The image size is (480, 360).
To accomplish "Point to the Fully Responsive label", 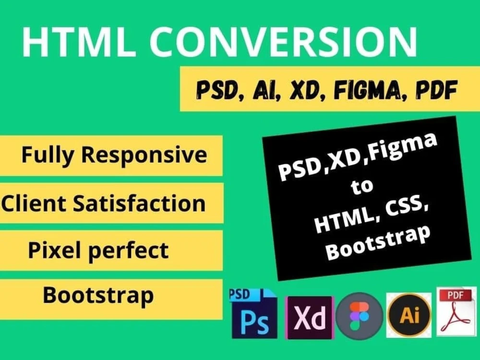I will coord(114,155).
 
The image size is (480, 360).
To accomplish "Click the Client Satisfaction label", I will coord(104,203).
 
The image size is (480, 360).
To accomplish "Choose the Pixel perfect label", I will coord(98,250).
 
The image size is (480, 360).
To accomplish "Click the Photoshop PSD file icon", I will coord(253,313).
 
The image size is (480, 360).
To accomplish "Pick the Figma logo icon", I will coord(360,317).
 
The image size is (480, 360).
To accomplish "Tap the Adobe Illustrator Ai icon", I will coord(409,315).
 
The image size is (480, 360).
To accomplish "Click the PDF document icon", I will coord(456,312).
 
